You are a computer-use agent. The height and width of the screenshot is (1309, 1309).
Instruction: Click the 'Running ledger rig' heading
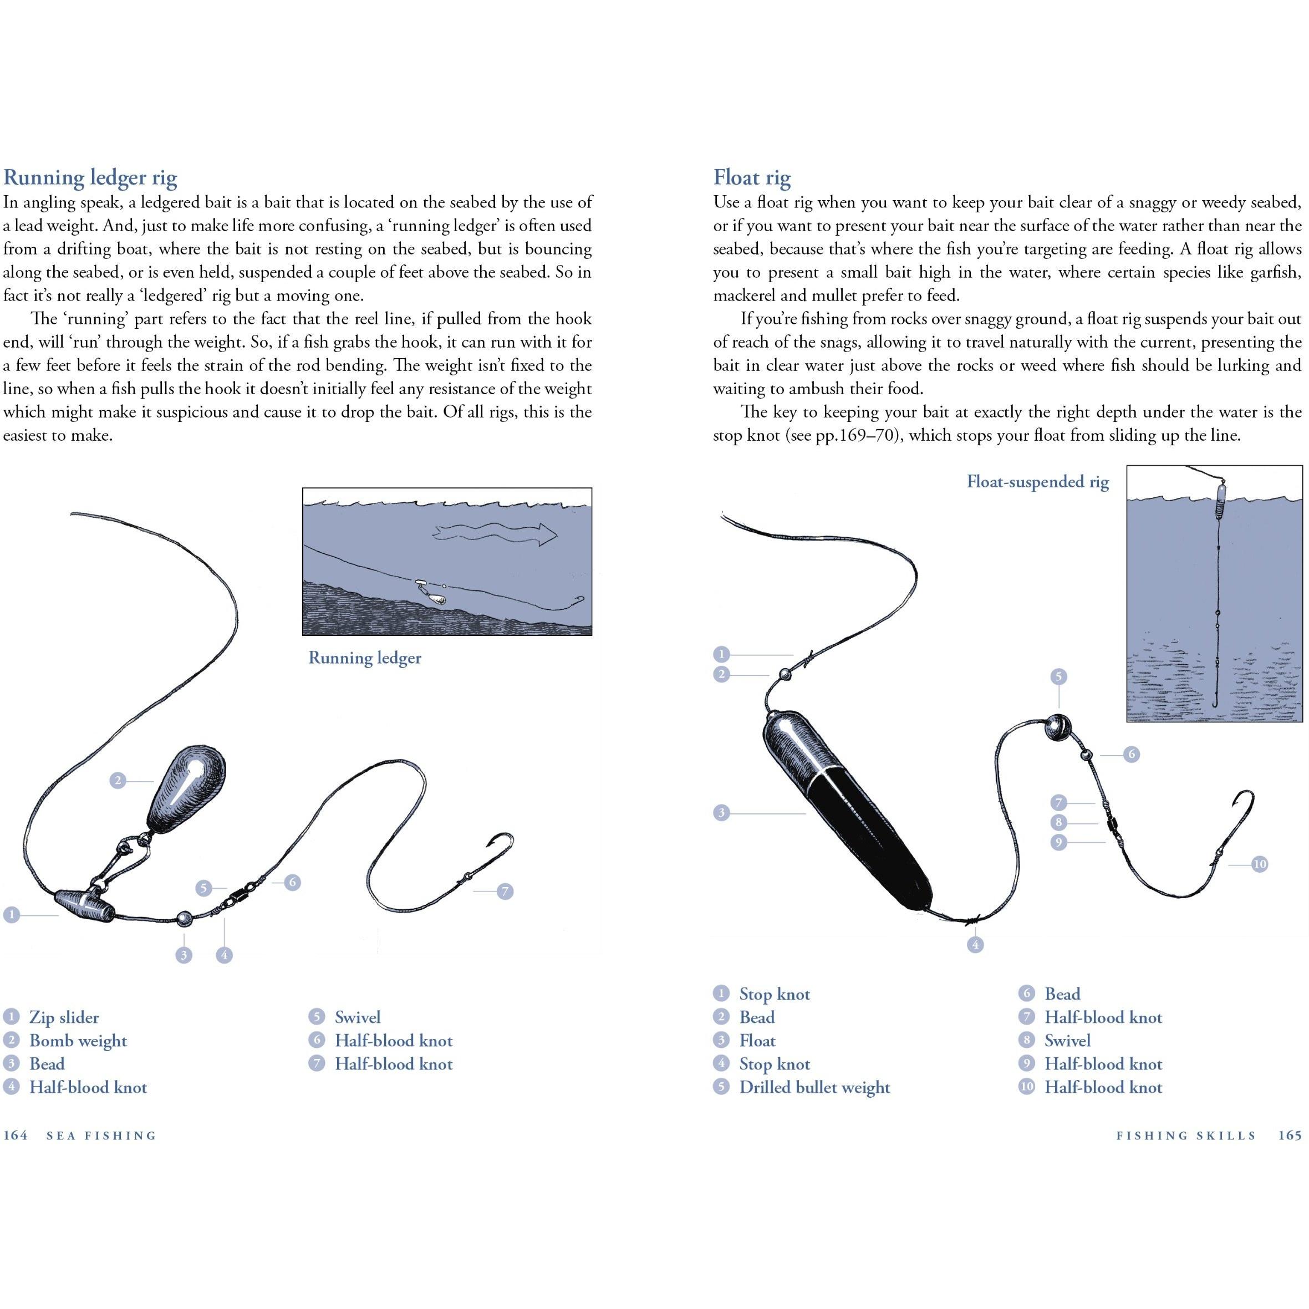click(x=90, y=177)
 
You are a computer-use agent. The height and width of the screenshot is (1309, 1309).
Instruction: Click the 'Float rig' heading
click(x=752, y=177)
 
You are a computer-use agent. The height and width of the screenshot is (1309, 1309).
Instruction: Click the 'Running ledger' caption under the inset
click(x=364, y=658)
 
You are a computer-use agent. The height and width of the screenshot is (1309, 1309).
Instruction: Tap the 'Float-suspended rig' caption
click(x=1037, y=482)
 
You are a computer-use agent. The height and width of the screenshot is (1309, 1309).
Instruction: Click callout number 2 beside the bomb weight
click(x=118, y=781)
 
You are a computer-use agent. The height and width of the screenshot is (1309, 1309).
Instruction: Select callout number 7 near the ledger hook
click(x=505, y=891)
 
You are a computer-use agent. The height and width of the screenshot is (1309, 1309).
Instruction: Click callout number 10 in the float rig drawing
click(x=1260, y=864)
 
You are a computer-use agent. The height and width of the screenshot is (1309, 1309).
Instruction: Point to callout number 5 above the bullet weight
click(x=1058, y=676)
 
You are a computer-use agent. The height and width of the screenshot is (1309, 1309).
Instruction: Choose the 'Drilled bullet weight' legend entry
click(x=814, y=1087)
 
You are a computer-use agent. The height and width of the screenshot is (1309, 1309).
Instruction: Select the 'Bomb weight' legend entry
click(x=78, y=1040)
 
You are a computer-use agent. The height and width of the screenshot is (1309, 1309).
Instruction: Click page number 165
click(x=1290, y=1135)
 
